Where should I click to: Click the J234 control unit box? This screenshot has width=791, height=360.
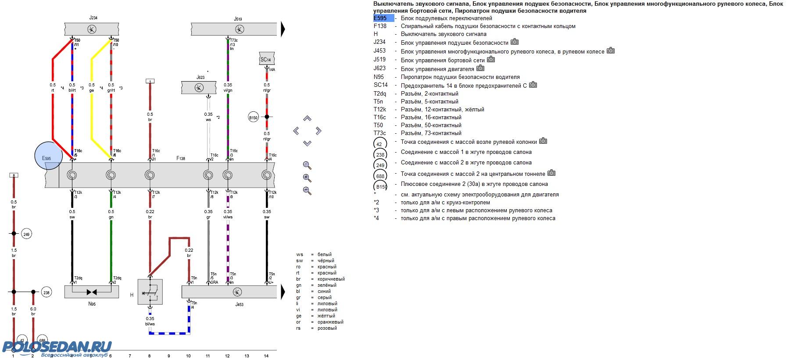(x=92, y=29)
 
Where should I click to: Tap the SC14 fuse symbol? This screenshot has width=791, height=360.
(x=267, y=59)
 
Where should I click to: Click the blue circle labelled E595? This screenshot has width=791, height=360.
(x=47, y=156)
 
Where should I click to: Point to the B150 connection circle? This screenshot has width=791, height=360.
(x=253, y=118)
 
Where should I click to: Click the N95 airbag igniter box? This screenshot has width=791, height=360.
(x=92, y=292)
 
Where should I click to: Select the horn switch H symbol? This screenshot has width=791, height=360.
(x=150, y=292)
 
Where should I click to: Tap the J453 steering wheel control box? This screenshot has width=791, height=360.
(x=229, y=292)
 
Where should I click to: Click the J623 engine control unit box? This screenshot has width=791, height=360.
(x=199, y=87)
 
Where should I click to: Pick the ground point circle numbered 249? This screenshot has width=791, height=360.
(x=26, y=235)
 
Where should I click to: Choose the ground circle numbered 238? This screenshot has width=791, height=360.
(x=46, y=292)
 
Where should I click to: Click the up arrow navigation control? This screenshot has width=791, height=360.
(x=307, y=119)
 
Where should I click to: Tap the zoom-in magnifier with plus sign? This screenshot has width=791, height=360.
(x=307, y=178)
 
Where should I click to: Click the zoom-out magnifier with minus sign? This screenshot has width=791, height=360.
(x=307, y=191)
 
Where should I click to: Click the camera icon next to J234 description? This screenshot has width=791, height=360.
(x=515, y=42)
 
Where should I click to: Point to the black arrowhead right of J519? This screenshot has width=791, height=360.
(x=283, y=29)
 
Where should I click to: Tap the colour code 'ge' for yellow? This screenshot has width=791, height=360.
(x=299, y=316)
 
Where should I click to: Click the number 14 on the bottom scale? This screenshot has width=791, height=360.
(x=266, y=356)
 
